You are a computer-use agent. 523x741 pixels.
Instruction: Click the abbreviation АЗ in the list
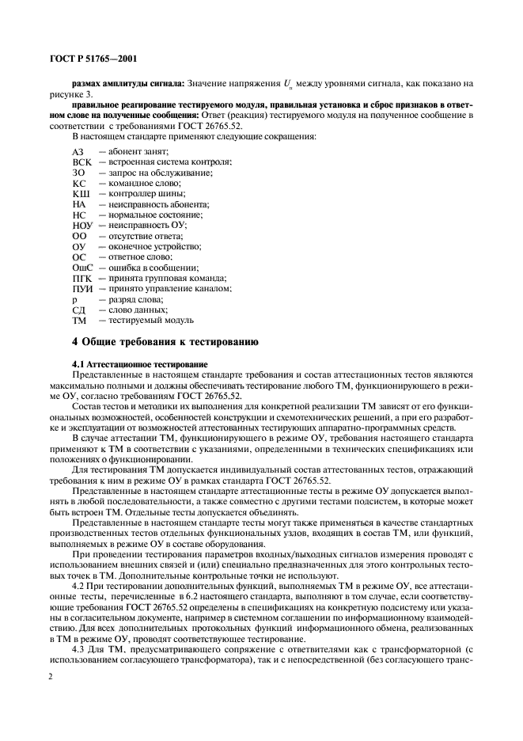pos(78,151)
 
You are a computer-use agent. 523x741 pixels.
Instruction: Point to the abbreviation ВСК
pos(81,161)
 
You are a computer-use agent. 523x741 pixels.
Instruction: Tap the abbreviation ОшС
pos(83,268)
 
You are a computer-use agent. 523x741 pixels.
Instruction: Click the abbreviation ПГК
pos(82,279)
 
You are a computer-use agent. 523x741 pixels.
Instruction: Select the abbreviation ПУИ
pos(83,290)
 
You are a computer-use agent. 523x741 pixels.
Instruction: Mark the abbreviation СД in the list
pos(78,311)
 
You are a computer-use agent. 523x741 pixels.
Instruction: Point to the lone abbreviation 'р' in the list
pos(74,301)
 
